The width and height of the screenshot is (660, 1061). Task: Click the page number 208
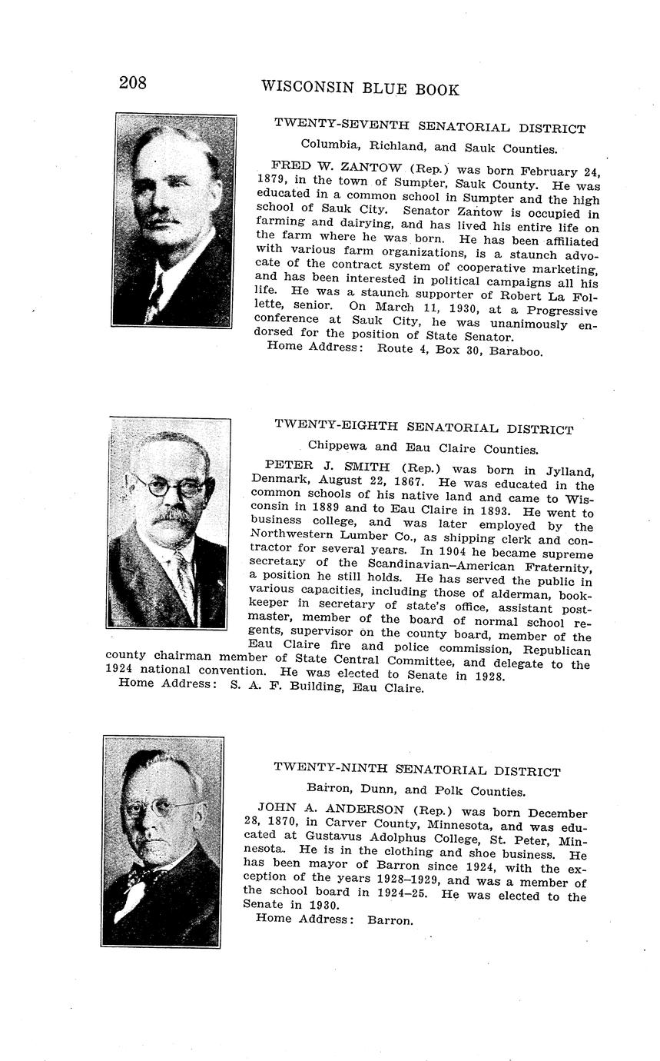point(132,83)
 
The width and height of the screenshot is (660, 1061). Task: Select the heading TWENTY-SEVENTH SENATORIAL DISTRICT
point(429,128)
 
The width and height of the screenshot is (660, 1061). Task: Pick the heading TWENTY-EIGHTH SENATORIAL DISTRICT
point(423,427)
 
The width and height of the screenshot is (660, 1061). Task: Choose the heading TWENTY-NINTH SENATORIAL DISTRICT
point(417,770)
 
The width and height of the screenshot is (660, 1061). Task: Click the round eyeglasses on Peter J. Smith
point(171,487)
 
